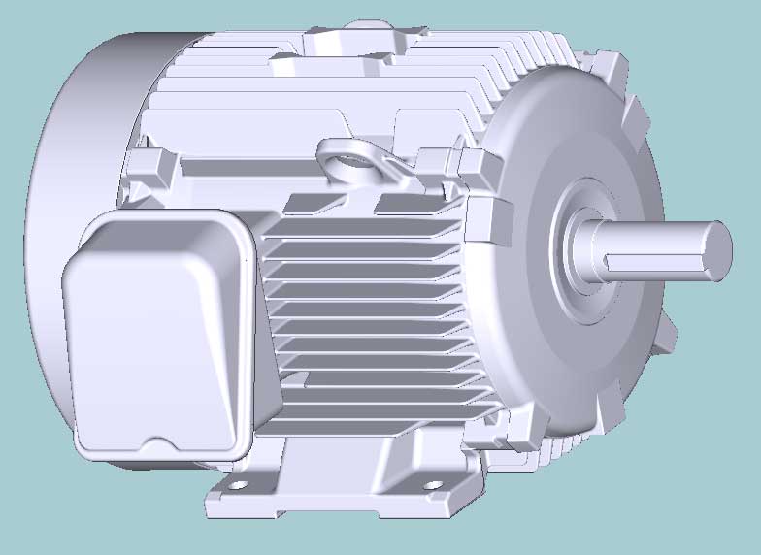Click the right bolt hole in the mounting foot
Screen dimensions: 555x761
(x=431, y=484)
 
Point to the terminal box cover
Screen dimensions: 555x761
(x=155, y=330)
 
